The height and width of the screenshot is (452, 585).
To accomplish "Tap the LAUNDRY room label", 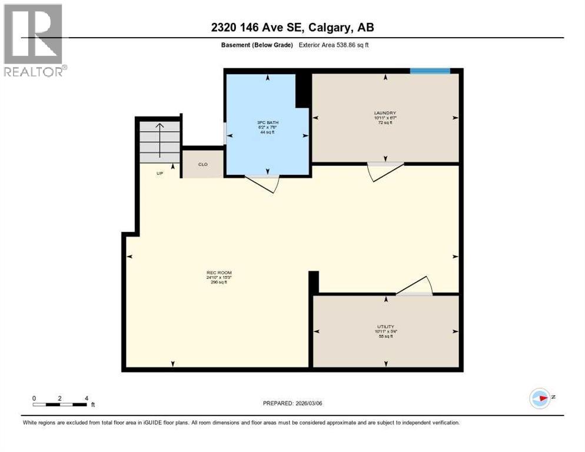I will (385, 113).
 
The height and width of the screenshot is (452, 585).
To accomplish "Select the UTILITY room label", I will (385, 326).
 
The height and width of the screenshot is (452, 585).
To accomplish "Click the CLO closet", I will (202, 164).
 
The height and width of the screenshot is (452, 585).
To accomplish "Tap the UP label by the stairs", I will (159, 174).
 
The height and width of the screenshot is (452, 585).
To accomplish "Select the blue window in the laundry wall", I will (430, 71).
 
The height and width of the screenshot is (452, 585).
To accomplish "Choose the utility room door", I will (416, 287).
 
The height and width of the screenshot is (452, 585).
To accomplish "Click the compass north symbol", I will (540, 398).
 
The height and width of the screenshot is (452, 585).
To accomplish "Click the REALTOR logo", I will (33, 40).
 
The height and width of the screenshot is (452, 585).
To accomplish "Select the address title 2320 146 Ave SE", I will (292, 27).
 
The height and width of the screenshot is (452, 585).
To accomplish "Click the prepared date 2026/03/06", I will (292, 403).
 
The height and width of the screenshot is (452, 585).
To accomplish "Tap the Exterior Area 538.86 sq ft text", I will (334, 45).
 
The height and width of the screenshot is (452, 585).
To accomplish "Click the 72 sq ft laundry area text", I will (385, 124).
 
